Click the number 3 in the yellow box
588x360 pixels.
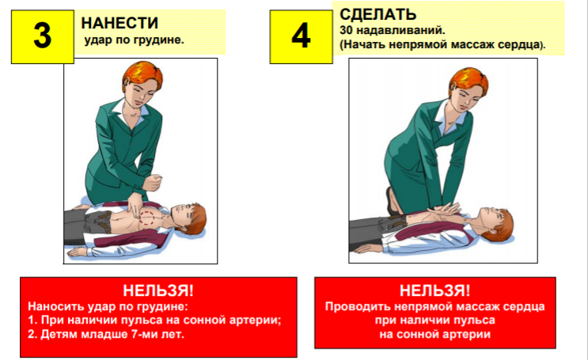click(42, 36)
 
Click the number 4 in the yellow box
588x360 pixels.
click(301, 36)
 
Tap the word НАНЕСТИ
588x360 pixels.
click(119, 23)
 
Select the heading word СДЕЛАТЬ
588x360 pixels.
click(378, 14)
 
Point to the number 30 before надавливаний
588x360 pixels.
click(346, 30)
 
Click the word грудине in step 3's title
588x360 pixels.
click(162, 40)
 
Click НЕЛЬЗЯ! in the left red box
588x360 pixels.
click(158, 290)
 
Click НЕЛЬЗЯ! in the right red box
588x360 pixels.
click(435, 290)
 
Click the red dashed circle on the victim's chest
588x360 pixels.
click(146, 218)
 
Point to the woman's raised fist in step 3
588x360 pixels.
click(153, 182)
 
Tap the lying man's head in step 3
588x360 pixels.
click(188, 218)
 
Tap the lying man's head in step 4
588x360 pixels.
click(495, 224)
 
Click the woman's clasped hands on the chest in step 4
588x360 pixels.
click(445, 209)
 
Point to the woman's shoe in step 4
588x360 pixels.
click(392, 201)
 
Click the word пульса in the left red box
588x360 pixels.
click(140, 320)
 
